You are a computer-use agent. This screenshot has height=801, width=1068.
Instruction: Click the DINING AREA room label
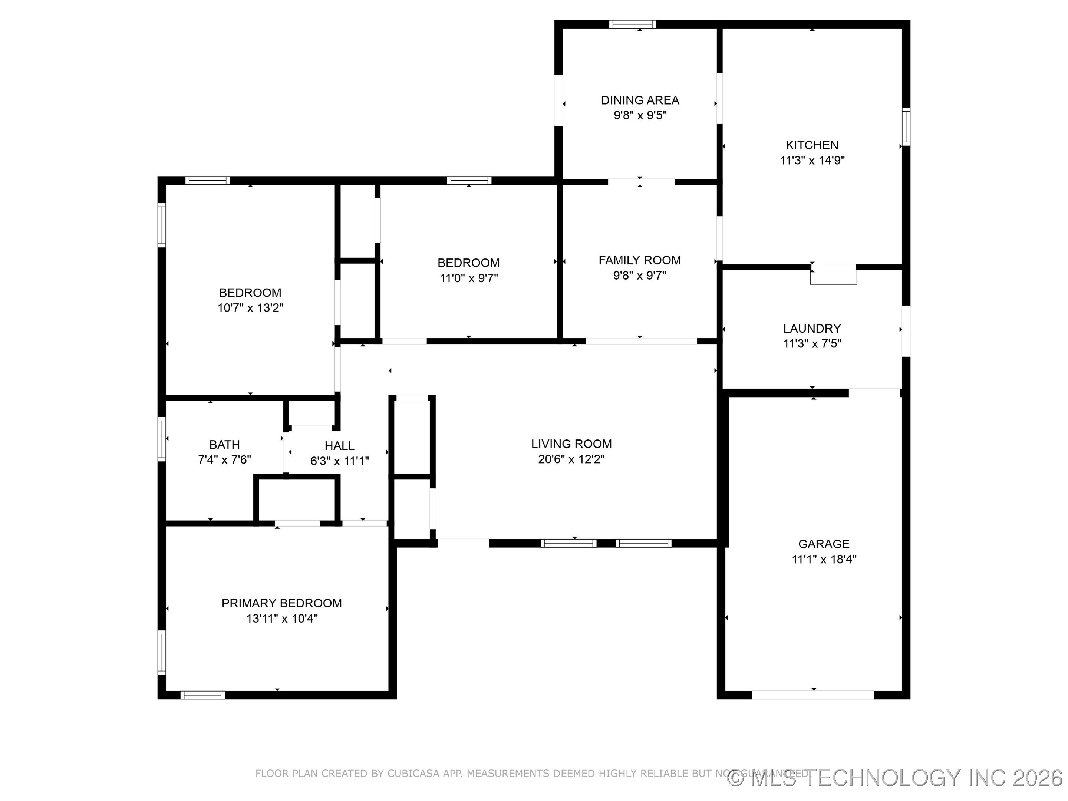click(x=640, y=100)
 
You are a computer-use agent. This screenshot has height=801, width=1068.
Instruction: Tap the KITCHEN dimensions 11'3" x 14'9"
click(x=812, y=160)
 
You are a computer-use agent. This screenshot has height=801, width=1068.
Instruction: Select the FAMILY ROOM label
click(x=640, y=260)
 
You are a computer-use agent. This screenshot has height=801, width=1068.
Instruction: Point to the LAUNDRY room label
click(x=812, y=328)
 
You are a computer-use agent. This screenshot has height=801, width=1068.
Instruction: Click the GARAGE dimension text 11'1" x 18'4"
click(x=824, y=559)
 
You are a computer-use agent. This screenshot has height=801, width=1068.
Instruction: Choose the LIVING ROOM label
click(x=571, y=444)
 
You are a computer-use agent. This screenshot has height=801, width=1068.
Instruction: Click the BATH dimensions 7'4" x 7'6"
click(x=224, y=459)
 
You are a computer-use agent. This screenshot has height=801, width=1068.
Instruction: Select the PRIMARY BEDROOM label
click(x=281, y=603)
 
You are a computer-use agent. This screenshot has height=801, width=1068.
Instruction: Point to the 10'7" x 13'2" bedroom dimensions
click(x=250, y=307)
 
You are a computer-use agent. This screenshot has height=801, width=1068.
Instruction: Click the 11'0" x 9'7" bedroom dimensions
click(x=468, y=278)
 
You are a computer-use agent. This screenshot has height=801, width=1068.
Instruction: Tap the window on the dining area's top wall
click(x=632, y=24)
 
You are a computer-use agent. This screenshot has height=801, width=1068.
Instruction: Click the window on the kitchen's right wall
click(x=906, y=126)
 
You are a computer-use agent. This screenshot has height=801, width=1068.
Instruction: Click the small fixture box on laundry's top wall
click(x=833, y=275)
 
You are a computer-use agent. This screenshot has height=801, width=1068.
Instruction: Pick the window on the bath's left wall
click(x=162, y=438)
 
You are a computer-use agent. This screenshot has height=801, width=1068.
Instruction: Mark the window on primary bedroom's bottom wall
click(x=202, y=695)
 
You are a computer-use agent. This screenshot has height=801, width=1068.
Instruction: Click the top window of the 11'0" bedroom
click(x=469, y=180)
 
